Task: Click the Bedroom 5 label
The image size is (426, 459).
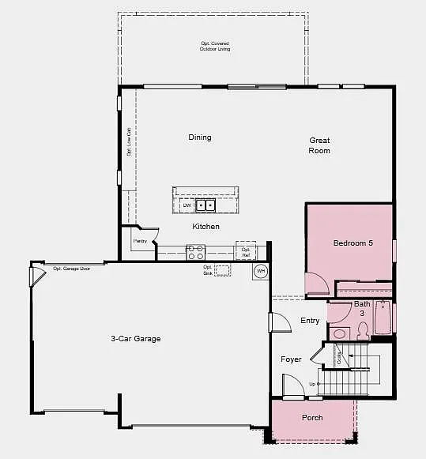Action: (352, 243)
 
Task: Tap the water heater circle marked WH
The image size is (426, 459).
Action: (261, 272)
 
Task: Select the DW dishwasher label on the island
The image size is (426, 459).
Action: (187, 205)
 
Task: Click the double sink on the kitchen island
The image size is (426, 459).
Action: (205, 205)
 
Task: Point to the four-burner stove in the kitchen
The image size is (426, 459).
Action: (195, 253)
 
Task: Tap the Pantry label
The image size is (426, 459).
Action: (140, 241)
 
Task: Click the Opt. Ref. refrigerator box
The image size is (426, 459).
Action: (246, 253)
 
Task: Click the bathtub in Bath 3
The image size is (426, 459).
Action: (383, 319)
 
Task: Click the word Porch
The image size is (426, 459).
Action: (312, 418)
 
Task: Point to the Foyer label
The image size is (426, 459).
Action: (291, 359)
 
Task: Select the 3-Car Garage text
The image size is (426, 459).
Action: (136, 339)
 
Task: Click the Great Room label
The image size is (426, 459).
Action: (319, 145)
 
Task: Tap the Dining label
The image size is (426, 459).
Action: (200, 137)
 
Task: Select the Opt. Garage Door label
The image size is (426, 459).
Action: (72, 269)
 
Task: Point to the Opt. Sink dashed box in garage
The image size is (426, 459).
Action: (223, 271)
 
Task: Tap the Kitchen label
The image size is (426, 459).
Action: (206, 227)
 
